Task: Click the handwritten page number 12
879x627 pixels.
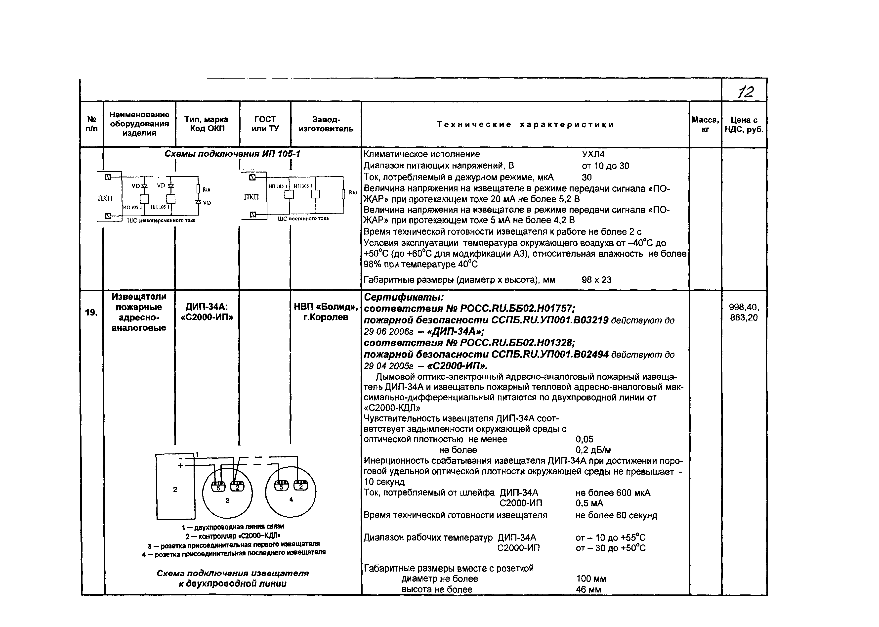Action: (745, 92)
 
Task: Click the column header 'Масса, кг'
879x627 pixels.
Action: (705, 124)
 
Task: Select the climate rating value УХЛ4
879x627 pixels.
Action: (593, 154)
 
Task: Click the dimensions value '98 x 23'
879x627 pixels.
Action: (596, 279)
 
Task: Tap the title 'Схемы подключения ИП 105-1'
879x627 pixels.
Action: (232, 154)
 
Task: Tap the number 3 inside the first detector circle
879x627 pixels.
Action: (228, 501)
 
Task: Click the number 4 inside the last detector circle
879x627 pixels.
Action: (291, 499)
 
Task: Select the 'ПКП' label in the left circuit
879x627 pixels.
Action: (105, 198)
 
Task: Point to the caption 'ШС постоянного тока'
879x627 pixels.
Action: (303, 219)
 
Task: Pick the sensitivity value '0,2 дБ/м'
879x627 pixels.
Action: (593, 450)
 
